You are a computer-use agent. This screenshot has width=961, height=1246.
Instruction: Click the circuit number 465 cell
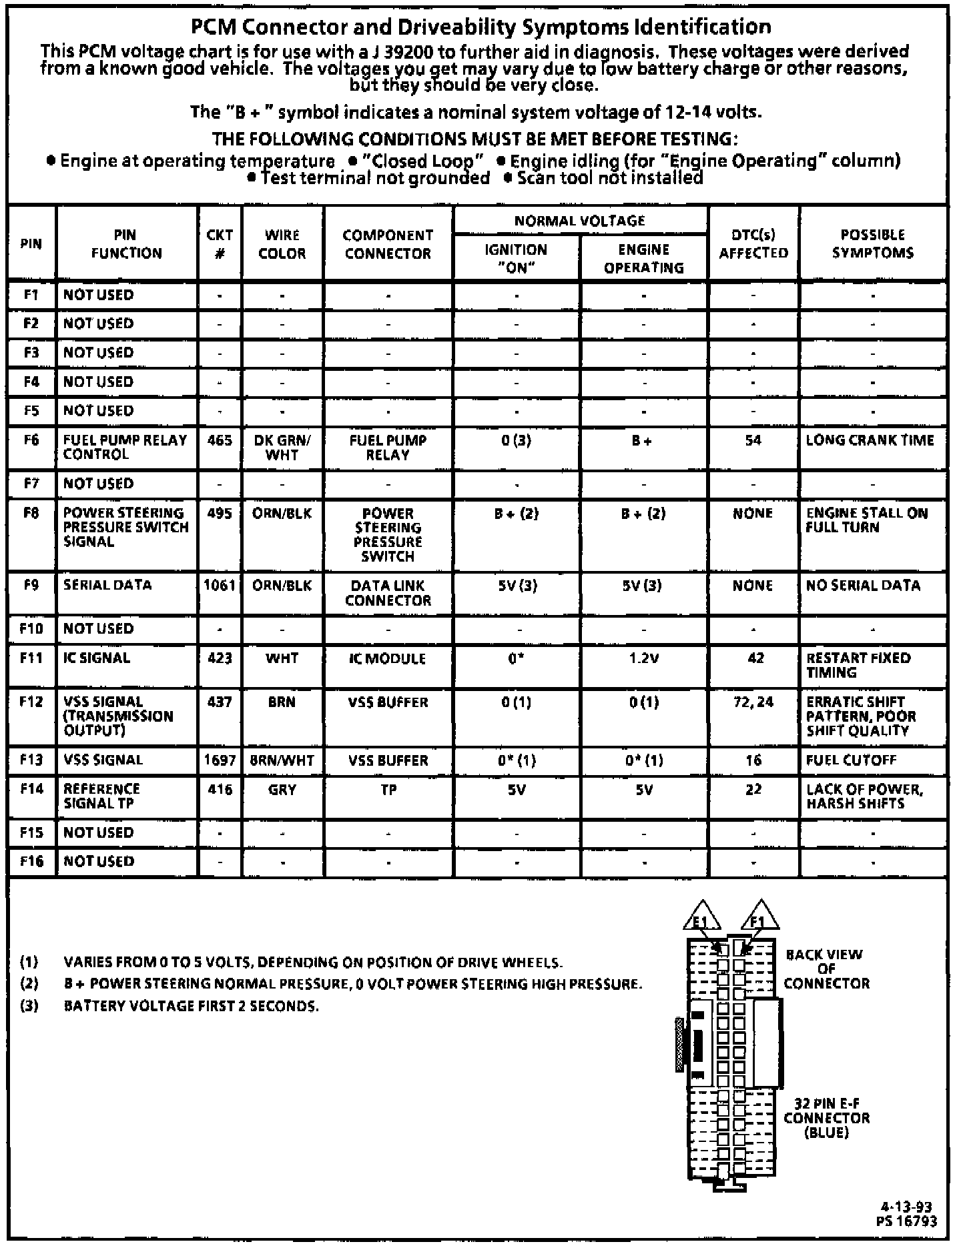click(x=220, y=440)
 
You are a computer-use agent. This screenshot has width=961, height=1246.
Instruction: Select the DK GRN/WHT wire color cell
click(x=282, y=448)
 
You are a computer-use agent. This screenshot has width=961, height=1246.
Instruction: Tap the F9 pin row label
click(x=31, y=585)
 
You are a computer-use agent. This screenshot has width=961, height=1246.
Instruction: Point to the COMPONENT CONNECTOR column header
click(x=388, y=244)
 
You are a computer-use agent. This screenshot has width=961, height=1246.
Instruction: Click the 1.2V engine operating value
click(x=643, y=658)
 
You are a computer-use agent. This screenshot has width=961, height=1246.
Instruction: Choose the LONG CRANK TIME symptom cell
click(x=870, y=440)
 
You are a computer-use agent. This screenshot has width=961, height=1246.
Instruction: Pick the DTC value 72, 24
click(x=753, y=702)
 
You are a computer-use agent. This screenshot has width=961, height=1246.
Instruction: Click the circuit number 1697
click(x=220, y=760)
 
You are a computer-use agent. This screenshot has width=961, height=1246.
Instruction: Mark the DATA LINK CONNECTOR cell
click(x=388, y=593)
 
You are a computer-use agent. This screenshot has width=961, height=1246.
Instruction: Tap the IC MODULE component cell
click(x=388, y=658)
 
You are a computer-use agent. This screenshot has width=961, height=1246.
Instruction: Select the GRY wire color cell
click(x=282, y=790)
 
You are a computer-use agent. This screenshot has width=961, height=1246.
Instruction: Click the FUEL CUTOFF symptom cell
click(x=851, y=760)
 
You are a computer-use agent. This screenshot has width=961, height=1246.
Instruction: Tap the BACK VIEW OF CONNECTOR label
click(x=826, y=969)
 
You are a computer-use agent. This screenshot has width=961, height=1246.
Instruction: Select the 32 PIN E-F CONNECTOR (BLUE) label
click(x=826, y=1118)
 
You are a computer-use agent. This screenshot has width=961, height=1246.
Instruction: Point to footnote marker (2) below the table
click(x=29, y=984)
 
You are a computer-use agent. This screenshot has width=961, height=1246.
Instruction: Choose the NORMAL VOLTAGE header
click(x=579, y=221)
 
